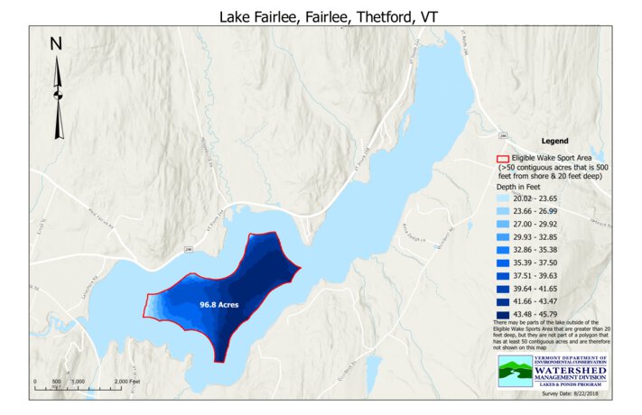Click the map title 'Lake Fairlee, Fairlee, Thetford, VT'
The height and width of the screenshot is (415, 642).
pyautogui.click(x=321, y=16)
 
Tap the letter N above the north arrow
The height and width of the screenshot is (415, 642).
pyautogui.click(x=55, y=43)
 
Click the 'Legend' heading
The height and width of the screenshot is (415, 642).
pyautogui.click(x=554, y=142)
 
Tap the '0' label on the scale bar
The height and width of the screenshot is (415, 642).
pyautogui.click(x=34, y=382)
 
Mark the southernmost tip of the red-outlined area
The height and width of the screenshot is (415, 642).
pyautogui.click(x=216, y=361)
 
